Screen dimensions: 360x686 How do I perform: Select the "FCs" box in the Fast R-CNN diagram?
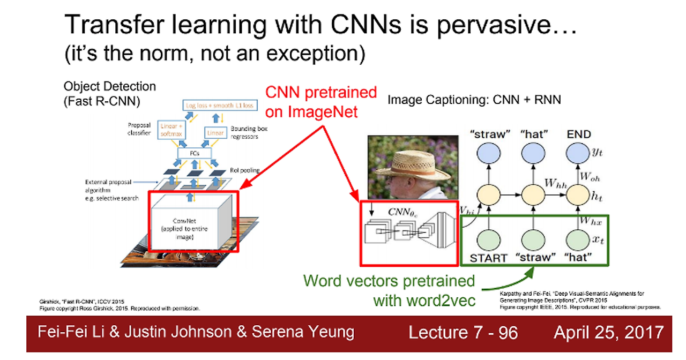pos(195,153)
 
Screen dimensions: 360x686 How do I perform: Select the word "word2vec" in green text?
pos(439,300)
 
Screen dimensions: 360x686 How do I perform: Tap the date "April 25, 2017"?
pos(609,332)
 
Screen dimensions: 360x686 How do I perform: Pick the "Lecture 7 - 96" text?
pos(463,333)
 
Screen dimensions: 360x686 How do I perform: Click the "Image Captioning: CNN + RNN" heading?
pos(474,100)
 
